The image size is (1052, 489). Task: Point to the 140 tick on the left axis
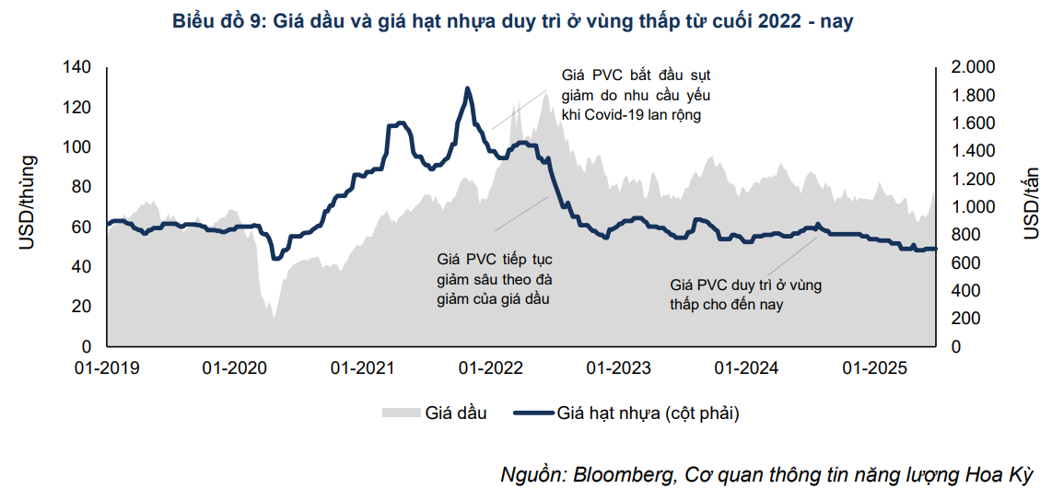point(77,67)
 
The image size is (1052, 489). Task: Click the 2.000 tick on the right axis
point(966,67)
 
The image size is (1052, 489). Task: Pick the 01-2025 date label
point(875,367)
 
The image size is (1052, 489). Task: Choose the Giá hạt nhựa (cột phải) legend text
point(649,413)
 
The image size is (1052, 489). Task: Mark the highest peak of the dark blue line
point(468,89)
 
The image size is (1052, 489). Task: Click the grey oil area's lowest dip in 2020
point(274,319)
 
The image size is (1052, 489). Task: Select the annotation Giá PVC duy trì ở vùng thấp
point(746,295)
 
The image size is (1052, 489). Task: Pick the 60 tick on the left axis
point(81,227)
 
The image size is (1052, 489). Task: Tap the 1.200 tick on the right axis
point(966,179)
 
